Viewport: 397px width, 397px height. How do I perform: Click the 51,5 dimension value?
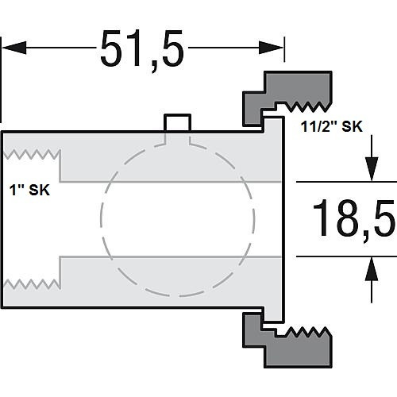[141, 49]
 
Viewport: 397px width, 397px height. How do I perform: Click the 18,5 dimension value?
[354, 219]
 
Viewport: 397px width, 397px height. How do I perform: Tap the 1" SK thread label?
[29, 190]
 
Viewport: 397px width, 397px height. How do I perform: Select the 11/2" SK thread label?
[331, 126]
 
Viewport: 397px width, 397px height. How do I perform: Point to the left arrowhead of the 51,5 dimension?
[13, 48]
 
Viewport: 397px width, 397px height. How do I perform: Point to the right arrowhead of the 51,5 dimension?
[271, 48]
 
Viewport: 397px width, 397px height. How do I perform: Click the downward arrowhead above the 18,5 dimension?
[372, 169]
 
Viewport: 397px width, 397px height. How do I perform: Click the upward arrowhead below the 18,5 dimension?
[372, 269]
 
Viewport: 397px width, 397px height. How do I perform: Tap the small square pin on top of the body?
[177, 122]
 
